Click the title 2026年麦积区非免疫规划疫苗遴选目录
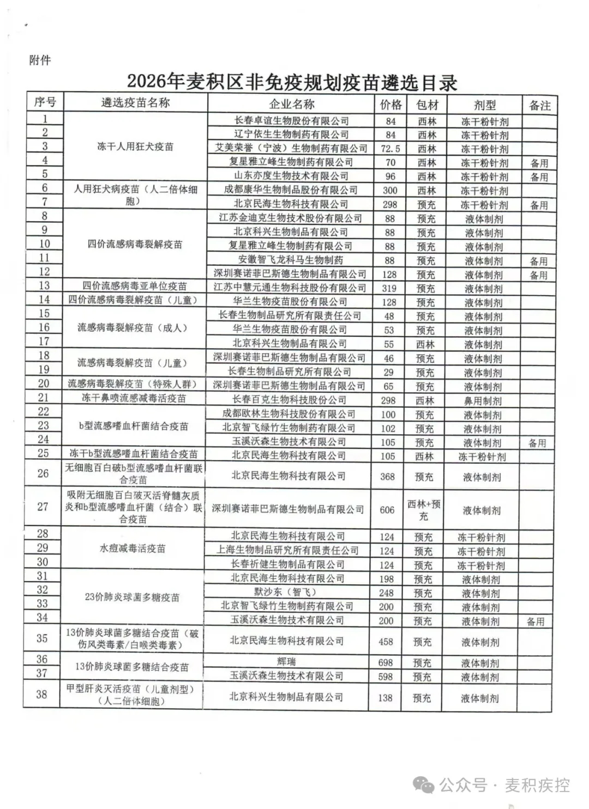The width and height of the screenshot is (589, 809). coord(292,82)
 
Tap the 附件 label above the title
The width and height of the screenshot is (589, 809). coord(40,60)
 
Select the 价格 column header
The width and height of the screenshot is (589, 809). coord(390,105)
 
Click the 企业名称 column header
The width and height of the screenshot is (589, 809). coord(292,104)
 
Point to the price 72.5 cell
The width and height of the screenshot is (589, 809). coord(390,149)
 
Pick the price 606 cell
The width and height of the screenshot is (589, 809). coord(387,510)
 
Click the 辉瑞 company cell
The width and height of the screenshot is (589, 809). coord(286,662)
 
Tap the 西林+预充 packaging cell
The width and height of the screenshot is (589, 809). coord(424,510)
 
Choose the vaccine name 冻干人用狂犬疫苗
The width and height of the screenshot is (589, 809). coord(135,147)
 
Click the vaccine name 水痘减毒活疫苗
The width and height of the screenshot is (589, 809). coord(133,549)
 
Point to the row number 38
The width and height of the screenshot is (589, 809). coord(42,695)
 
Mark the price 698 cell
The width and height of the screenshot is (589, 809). coord(386,662)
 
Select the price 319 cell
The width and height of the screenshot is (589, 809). coord(389,289)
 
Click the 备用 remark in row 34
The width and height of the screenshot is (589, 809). coord(536,622)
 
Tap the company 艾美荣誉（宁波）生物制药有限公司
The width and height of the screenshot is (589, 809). coord(291,148)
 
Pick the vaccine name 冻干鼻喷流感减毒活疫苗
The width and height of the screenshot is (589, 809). coord(134,398)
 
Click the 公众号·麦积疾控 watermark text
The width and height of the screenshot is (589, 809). coord(504,785)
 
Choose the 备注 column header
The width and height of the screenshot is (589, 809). coord(539,105)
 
